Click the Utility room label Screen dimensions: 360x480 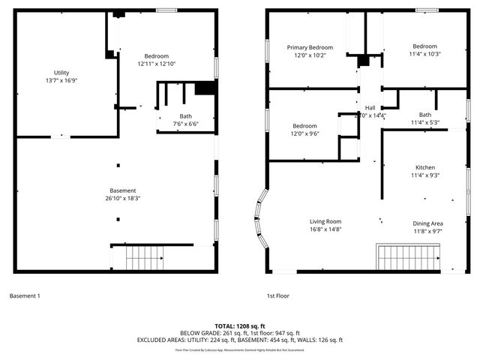click(61, 76)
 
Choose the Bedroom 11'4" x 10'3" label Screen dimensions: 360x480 click(424, 49)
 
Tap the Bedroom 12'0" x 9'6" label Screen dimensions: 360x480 click(304, 130)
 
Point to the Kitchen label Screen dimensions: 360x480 click(425, 171)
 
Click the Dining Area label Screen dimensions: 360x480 click(427, 227)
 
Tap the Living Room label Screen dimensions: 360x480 click(325, 226)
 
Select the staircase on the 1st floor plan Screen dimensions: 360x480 click(403, 258)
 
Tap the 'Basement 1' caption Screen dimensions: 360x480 click(25, 296)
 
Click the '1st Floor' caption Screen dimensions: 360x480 click(277, 296)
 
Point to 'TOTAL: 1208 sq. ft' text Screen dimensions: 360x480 click(240, 326)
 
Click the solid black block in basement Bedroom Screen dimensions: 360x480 click(204, 88)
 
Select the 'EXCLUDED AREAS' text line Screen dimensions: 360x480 click(240, 340)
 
